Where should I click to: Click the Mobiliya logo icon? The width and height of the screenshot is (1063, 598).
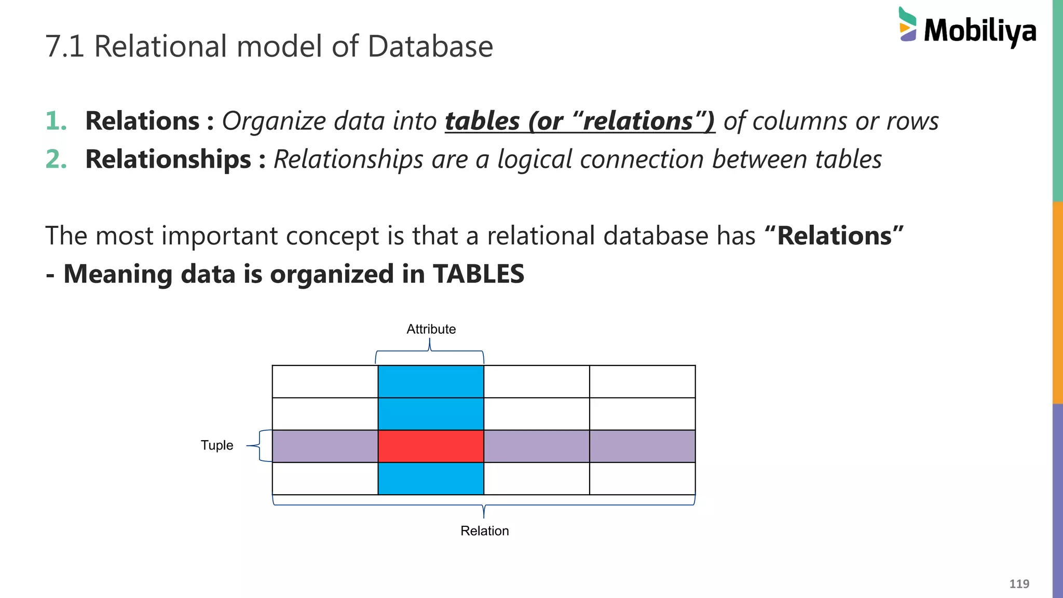907,24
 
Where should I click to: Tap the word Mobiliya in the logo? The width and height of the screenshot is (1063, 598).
980,31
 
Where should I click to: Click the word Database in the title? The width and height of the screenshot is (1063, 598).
430,46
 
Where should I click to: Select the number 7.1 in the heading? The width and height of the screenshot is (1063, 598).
64,46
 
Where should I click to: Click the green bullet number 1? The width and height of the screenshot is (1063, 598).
56,121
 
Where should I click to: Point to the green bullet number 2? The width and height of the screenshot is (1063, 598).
56,159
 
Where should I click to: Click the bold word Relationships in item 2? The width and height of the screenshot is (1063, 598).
168,159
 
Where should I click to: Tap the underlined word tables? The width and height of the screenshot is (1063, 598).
482,121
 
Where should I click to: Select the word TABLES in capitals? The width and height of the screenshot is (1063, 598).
478,274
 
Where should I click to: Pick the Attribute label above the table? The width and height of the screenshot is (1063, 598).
431,329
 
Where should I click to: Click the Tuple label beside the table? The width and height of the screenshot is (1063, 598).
217,445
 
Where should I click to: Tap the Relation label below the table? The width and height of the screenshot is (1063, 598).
484,531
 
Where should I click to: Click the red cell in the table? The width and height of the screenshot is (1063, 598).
431,446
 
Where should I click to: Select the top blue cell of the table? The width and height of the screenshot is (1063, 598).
431,382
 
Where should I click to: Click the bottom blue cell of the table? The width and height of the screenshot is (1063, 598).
431,478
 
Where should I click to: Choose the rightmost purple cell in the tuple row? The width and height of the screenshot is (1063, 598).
642,446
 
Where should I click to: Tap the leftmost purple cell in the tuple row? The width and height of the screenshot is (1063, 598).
325,446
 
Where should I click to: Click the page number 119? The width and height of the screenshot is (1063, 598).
1019,584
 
